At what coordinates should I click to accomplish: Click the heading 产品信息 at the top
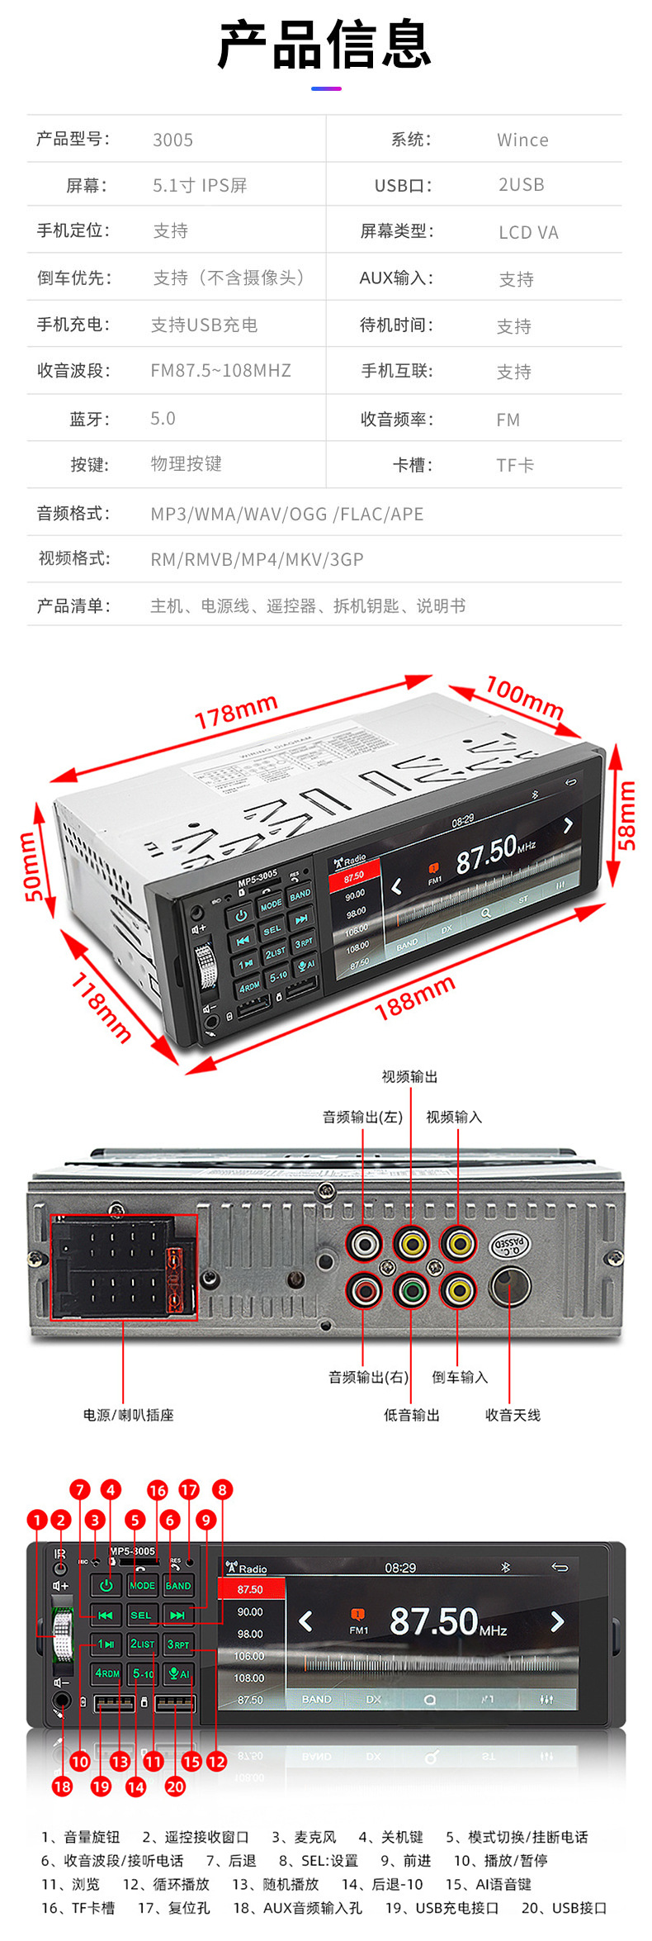pos(324,45)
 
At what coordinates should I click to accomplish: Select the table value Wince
pos(522,140)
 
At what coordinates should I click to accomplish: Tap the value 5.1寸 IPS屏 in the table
pos(200,185)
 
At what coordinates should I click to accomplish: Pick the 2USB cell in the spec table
pos(521,184)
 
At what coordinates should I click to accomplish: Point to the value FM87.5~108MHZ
pos(220,370)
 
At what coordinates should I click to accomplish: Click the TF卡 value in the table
pos(515,465)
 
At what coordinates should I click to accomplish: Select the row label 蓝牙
pos(89,419)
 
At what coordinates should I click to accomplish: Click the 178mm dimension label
pos(236,712)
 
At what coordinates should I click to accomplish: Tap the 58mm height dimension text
pos(627,814)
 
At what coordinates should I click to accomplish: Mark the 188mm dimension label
pos(414,997)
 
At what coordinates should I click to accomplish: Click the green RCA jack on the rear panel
pos(411,1289)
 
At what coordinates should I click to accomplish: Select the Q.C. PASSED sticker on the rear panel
pos(510,1245)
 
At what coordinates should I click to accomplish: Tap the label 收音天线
pos(513,1415)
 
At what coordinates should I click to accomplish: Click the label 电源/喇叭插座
pos(128,1415)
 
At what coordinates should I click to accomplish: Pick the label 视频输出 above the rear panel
pos(409,1076)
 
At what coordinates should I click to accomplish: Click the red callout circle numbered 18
pos(62,1787)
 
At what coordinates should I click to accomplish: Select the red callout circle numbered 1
pos(36,1519)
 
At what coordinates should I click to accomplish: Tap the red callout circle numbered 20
pos(175,1787)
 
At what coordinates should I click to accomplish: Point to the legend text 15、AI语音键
pos(489,1884)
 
